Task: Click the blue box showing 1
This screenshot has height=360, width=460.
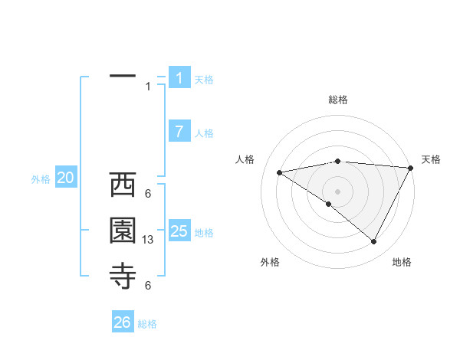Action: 179,78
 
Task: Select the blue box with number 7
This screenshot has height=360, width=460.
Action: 179,132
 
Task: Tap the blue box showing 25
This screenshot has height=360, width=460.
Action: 179,231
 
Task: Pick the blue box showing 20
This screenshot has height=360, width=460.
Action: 66,178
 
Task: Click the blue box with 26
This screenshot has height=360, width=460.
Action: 123,322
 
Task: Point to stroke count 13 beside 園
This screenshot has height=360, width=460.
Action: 149,241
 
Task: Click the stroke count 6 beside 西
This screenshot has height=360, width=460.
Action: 147,194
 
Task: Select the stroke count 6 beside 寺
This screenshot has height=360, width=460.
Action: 147,286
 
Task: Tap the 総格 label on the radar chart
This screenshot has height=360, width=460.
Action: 337,100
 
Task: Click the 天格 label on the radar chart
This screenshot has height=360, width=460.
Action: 431,159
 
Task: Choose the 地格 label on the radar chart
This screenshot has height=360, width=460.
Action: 402,262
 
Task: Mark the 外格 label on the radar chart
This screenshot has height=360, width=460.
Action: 270,262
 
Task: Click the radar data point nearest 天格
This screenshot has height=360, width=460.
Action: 410,168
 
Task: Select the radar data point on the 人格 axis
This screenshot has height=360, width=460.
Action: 280,172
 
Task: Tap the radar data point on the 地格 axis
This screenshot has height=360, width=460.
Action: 374,242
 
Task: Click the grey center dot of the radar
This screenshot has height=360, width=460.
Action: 337,191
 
